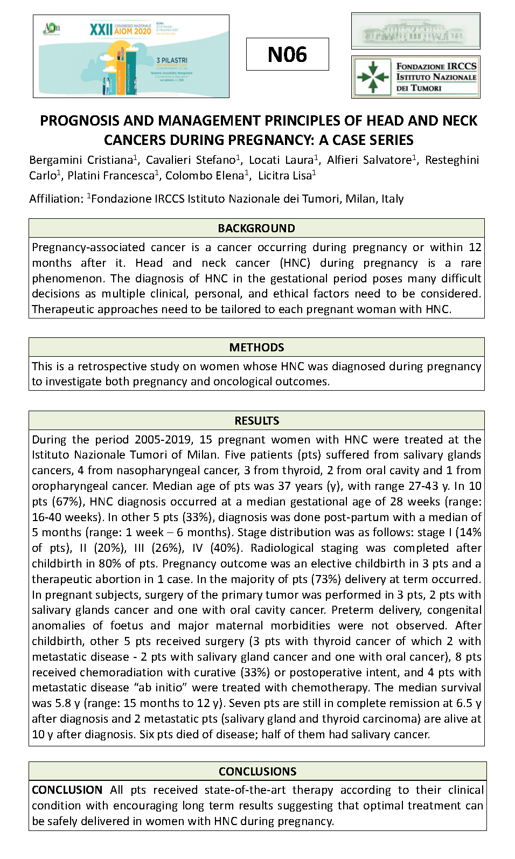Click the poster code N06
pos(287,54)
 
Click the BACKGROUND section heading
pos(256,228)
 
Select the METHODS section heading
pos(256,347)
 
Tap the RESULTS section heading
pos(256,420)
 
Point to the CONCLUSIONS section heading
pos(257,771)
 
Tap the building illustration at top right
pos(415,31)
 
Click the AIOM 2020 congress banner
pos(131,56)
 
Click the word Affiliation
pos(56,199)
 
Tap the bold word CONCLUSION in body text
pos(67,790)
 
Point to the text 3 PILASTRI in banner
pos(172,60)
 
